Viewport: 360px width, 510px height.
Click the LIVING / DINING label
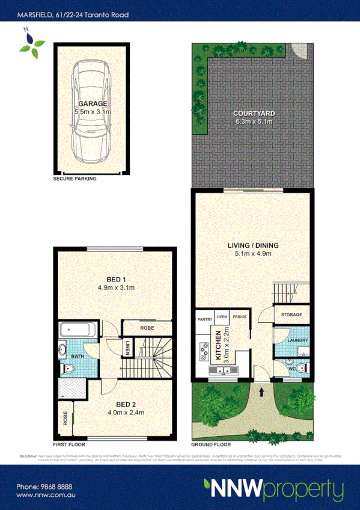coord(253,246)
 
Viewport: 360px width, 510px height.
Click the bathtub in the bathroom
coord(76,330)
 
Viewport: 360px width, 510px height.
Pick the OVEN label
coord(221,316)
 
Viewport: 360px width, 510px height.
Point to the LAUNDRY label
coord(298,340)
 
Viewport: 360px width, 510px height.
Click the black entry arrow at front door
coord(262,393)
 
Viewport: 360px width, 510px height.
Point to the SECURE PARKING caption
coord(75,179)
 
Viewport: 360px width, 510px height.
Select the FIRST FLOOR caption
coord(68,446)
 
